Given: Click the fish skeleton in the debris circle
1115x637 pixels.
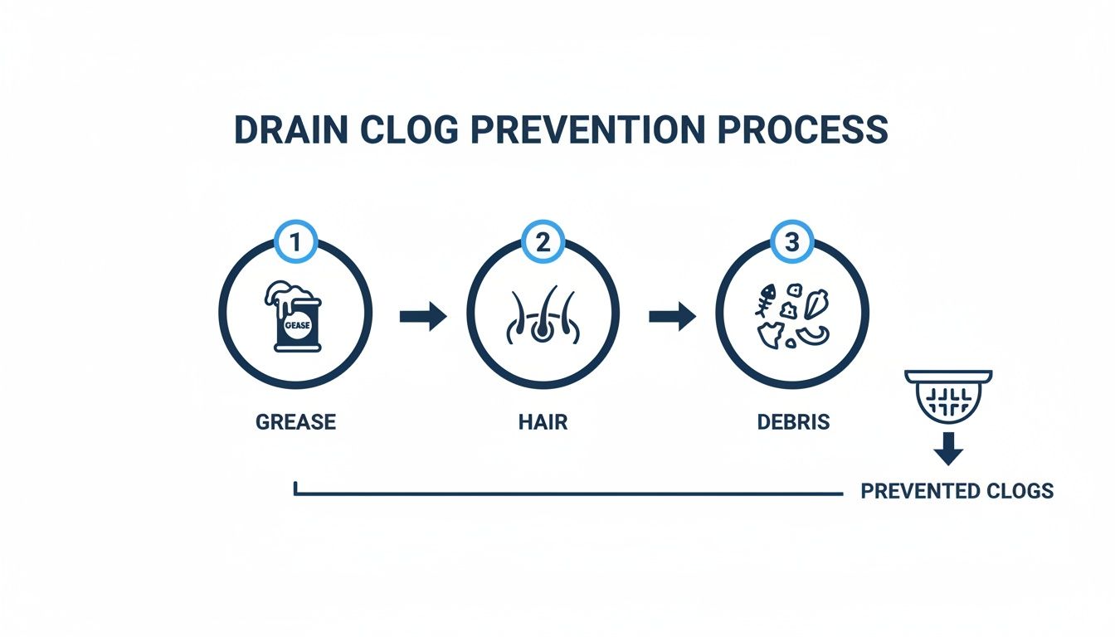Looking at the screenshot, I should coord(765,300).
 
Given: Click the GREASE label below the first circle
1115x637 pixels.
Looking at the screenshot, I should coord(295,421).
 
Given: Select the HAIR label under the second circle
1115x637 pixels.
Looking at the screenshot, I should coord(543,421).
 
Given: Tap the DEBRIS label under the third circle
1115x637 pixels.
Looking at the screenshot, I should coord(793,421).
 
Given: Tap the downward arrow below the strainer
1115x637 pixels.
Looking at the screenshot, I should coord(947,452).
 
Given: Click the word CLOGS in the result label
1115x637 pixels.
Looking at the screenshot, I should coord(1020,491).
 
